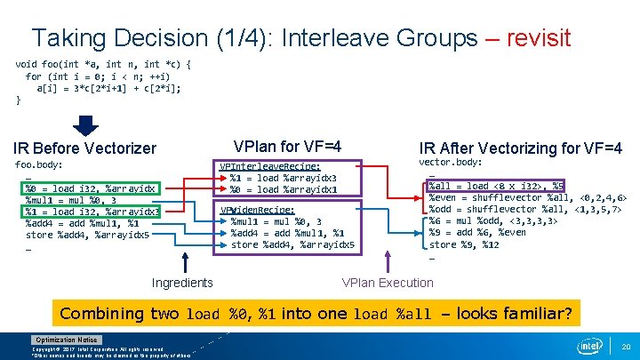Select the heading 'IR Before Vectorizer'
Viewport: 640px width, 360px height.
pos(84,148)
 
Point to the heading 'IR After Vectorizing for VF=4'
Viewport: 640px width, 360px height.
pos(520,148)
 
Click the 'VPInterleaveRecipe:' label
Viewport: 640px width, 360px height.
pos(270,166)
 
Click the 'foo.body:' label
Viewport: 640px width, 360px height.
pos(39,165)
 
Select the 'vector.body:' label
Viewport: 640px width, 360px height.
pos(451,163)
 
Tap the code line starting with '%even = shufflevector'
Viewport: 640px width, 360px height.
pos(528,197)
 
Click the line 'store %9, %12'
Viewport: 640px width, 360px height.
pos(464,244)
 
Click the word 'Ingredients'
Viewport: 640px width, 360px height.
pos(182,283)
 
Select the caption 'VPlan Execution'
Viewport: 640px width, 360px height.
pos(388,283)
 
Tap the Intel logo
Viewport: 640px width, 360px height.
pos(590,345)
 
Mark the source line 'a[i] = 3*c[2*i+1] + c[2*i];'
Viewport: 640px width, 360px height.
pos(108,88)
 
